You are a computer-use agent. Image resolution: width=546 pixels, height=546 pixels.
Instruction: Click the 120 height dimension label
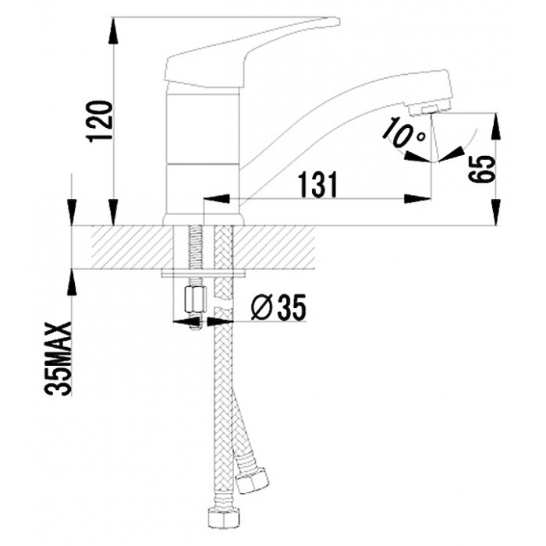pyautogui.click(x=101, y=121)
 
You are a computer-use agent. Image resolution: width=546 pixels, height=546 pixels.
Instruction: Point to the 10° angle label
pyautogui.click(x=403, y=133)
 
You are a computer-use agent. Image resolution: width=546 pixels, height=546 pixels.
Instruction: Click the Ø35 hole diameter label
pyautogui.click(x=278, y=307)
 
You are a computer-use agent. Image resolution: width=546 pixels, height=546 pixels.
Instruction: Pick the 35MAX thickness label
pyautogui.click(x=58, y=359)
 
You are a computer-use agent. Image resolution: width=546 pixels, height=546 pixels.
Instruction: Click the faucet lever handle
pyautogui.click(x=251, y=51)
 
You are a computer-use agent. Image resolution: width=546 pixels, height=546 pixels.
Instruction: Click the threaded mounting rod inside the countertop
pyautogui.click(x=194, y=247)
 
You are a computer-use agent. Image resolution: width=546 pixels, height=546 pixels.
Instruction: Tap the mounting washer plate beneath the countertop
pyautogui.click(x=204, y=273)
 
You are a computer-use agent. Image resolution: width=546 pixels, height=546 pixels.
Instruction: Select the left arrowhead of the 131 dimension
pyautogui.click(x=217, y=199)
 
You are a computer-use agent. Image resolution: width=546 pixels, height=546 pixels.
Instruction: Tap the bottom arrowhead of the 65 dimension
pyautogui.click(x=495, y=212)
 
